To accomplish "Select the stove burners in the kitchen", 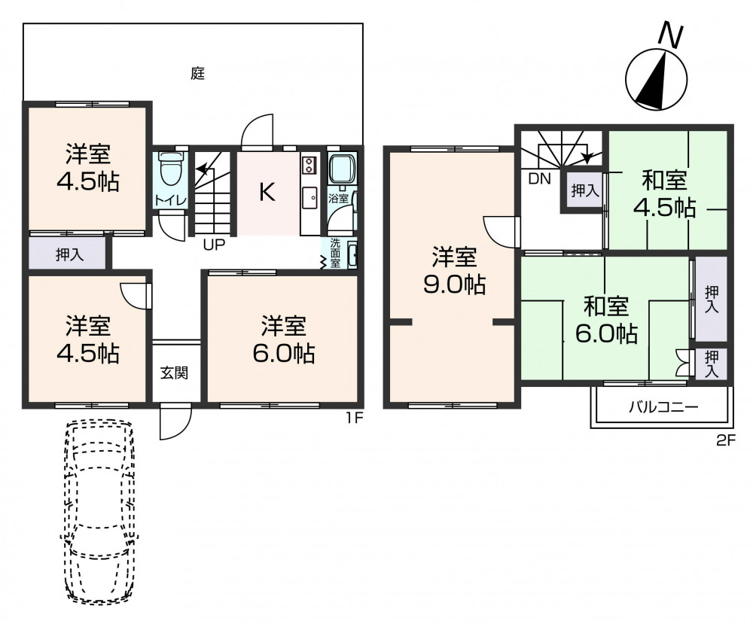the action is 308,165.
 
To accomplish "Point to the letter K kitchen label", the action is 267,192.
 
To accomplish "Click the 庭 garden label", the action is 198,74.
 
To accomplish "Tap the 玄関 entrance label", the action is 174,373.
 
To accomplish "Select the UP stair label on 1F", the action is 214,245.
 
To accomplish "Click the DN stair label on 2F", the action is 539,179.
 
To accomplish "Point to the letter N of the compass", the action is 670,35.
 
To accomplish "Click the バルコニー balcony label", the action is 663,408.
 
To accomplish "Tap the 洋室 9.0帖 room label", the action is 454,270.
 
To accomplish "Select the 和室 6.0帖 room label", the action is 606,320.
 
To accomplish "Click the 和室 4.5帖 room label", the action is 664,194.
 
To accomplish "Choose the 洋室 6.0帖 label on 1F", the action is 283,339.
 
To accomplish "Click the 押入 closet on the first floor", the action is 69,254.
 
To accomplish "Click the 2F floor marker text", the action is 726,440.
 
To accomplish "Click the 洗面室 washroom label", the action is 335,252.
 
